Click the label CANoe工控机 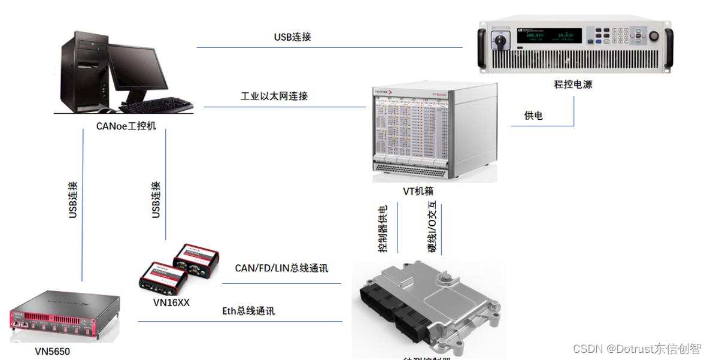126,126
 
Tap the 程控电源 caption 572,84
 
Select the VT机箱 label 418,192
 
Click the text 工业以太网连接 274,96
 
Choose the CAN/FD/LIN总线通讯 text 282,268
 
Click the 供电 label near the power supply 533,116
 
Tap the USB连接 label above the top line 292,37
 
